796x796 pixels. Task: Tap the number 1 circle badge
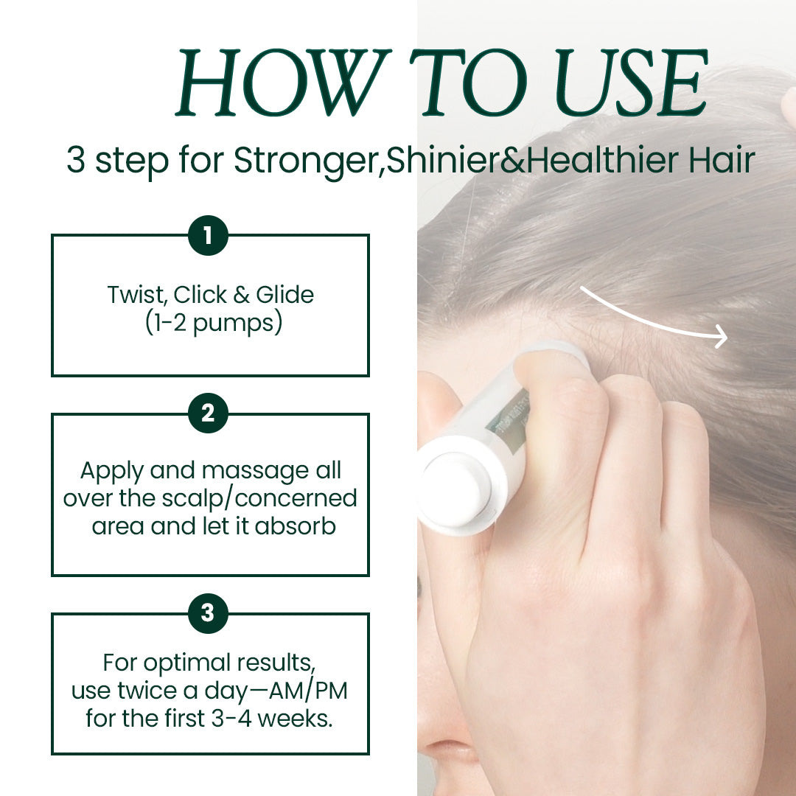(208, 236)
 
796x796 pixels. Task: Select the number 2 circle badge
(208, 413)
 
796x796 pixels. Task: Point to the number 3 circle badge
(208, 613)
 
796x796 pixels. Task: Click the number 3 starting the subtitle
(76, 160)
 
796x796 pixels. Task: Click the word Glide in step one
(284, 295)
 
